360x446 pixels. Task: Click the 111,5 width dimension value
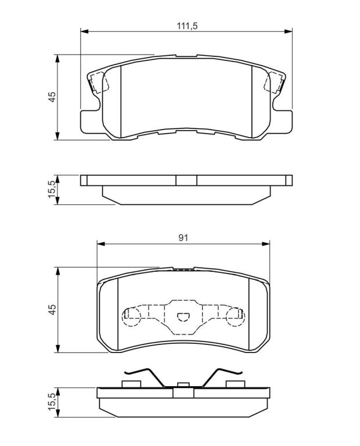(187, 26)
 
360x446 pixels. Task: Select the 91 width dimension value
(183, 238)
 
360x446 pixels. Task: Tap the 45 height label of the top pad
(52, 97)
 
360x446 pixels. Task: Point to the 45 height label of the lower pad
(52, 310)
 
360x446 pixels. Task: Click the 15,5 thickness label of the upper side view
(52, 189)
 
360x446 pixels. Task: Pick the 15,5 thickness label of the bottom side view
(52, 402)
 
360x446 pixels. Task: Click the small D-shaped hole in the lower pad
(183, 316)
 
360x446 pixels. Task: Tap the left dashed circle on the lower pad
(132, 317)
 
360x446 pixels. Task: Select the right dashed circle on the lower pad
(235, 317)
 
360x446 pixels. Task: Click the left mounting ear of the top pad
(90, 121)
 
